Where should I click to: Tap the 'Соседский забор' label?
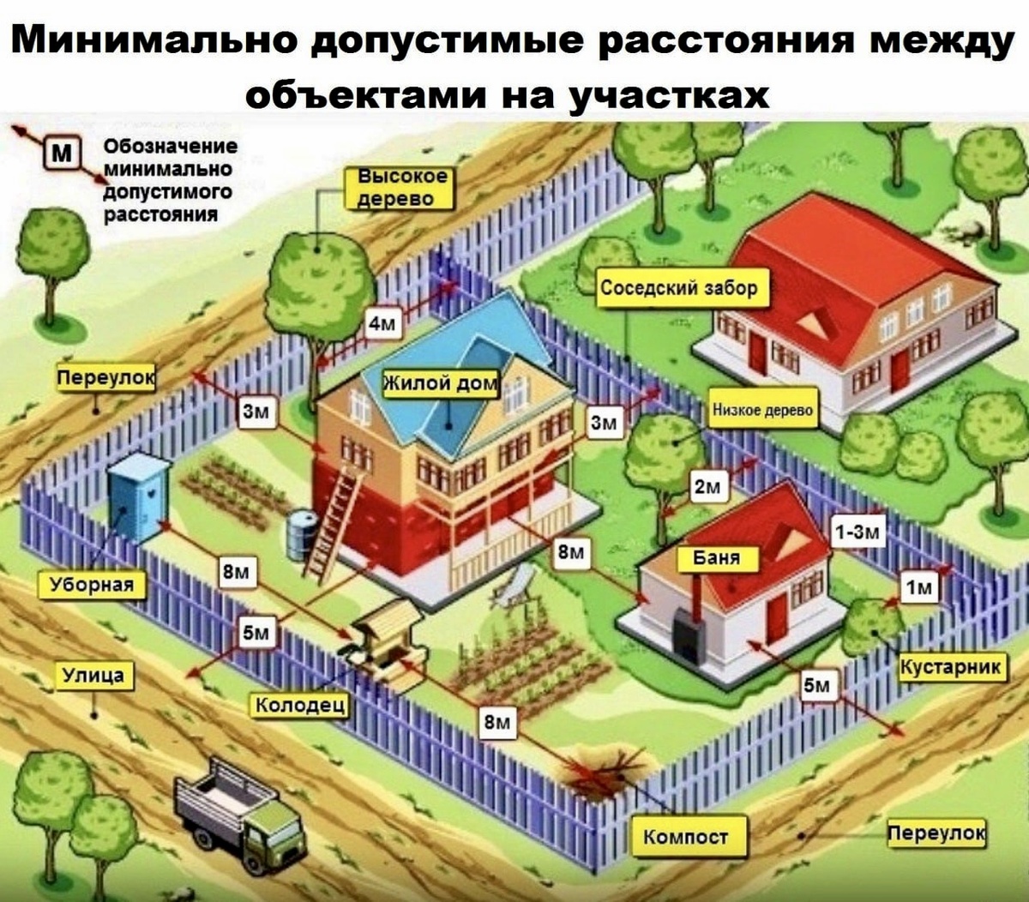click(678, 289)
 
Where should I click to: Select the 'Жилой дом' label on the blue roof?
click(440, 382)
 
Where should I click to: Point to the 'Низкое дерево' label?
click(763, 411)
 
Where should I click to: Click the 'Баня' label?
click(716, 558)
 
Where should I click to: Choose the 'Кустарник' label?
click(951, 667)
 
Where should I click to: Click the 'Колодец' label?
click(300, 705)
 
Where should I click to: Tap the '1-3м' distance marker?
click(857, 532)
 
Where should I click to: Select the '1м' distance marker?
click(918, 586)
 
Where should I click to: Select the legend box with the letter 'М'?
click(61, 154)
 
